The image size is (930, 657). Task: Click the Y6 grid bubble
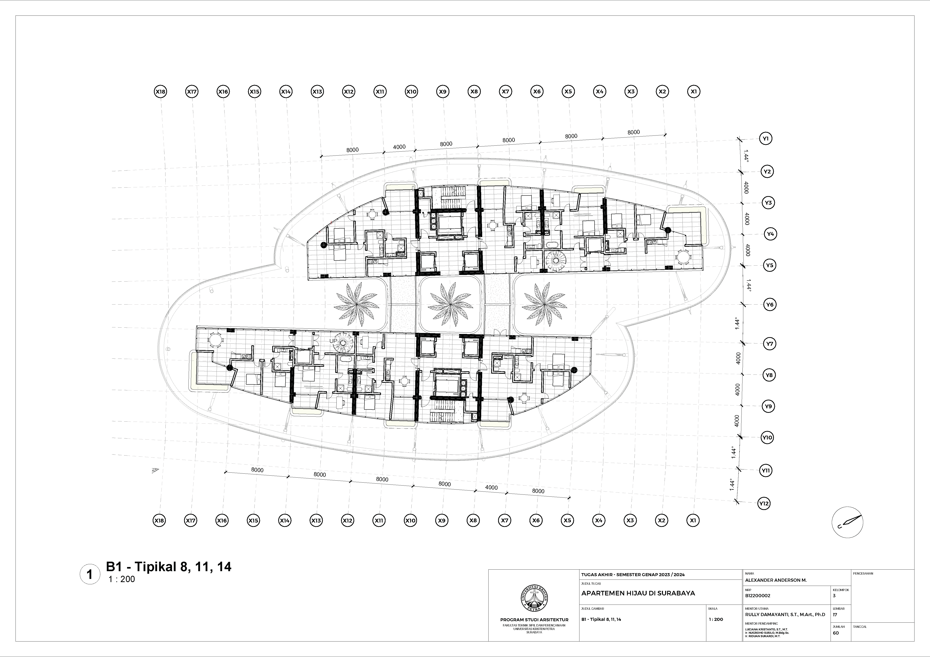770,304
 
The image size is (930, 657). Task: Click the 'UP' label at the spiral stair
333,341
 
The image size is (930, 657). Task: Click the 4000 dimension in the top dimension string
399,147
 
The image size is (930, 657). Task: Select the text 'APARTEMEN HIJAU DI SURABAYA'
638,593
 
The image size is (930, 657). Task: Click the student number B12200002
757,596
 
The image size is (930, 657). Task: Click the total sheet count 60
836,633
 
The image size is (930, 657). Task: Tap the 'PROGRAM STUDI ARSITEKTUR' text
534,620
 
